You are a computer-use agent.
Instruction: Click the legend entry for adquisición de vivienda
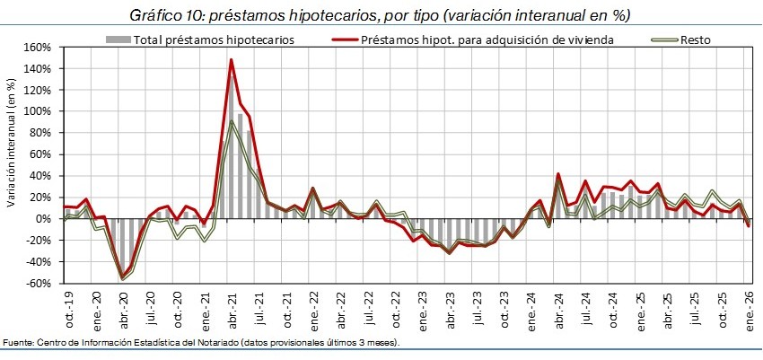click(x=486, y=40)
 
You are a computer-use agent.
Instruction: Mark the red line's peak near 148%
click(x=232, y=60)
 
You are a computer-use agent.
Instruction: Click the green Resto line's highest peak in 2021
click(x=232, y=120)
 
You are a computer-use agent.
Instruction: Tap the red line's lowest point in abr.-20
click(x=122, y=277)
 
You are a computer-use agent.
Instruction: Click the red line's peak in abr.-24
click(x=558, y=174)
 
